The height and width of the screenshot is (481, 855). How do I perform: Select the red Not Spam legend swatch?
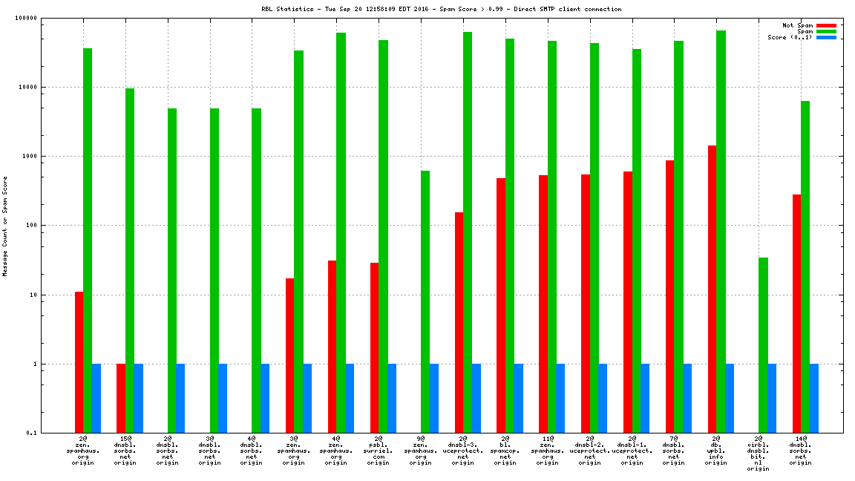(x=827, y=25)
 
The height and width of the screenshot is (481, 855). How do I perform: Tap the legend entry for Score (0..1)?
(x=790, y=37)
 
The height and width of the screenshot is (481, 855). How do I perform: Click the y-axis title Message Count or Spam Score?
(x=5, y=226)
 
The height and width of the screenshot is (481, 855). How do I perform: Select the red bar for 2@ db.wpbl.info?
(x=712, y=289)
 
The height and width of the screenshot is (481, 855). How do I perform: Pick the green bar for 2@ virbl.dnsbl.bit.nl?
(x=763, y=345)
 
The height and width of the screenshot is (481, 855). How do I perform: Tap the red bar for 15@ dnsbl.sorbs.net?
(x=121, y=398)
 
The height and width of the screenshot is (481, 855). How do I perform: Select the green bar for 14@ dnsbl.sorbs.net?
(x=805, y=266)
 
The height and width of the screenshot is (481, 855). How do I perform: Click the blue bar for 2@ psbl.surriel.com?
(x=392, y=398)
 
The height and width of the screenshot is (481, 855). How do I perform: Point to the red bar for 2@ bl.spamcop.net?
(x=501, y=305)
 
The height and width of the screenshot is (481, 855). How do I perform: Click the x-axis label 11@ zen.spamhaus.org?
(x=547, y=450)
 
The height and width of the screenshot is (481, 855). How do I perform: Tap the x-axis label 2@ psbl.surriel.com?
(x=379, y=450)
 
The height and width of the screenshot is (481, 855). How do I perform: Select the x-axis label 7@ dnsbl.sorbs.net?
(x=674, y=450)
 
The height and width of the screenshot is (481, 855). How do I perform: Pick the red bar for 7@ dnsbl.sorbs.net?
(x=669, y=296)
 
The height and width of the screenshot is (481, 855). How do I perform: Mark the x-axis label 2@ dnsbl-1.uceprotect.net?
(x=632, y=450)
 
